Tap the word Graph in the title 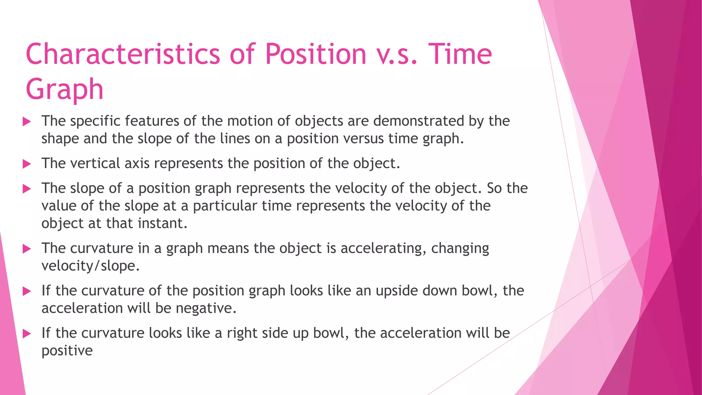coord(64,89)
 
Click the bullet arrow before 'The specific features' coord(27,121)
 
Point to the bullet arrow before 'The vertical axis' coord(27,164)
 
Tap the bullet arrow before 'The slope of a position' coord(27,189)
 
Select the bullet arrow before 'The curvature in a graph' coord(27,249)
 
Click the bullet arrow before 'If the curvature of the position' coord(27,291)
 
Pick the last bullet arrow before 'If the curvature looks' coord(27,333)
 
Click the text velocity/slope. coord(90,266)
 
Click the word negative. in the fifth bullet coord(206,308)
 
